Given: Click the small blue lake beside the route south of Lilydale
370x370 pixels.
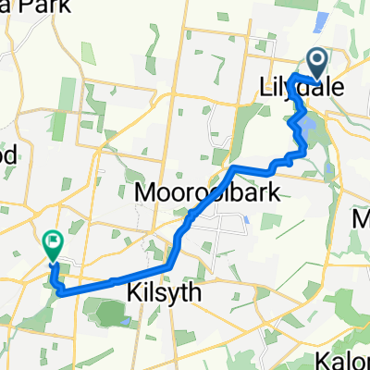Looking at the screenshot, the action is [x=306, y=119].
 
